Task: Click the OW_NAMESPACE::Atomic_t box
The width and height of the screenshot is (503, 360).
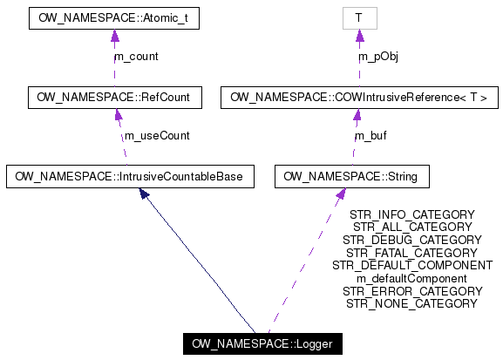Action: pos(113,17)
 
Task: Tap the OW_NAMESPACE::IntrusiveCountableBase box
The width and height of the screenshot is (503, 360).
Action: pos(130,177)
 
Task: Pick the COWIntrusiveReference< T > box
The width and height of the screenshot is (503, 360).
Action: pos(358,97)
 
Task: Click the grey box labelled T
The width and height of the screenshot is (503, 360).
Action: pos(357,17)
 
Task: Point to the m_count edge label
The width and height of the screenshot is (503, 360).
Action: pos(136,57)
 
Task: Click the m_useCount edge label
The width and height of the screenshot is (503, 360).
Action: pos(157,136)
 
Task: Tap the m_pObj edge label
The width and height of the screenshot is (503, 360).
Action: pos(377,57)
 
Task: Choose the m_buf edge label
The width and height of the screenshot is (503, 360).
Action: pos(370,136)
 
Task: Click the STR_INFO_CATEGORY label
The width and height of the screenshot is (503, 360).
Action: pos(411,214)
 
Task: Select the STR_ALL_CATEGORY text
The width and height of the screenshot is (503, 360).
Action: pos(411,227)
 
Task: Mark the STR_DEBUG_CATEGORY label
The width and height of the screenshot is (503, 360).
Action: pos(411,240)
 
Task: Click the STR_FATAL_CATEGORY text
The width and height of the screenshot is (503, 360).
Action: pos(411,253)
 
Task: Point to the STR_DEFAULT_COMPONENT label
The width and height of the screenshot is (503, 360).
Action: pos(411,265)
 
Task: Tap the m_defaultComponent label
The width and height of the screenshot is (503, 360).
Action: pos(411,278)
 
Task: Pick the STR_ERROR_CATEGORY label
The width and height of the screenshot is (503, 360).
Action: pos(411,291)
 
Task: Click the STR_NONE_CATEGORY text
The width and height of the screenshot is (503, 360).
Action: pos(411,303)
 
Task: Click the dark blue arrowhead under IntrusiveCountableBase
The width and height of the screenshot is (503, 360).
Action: pos(145,194)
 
